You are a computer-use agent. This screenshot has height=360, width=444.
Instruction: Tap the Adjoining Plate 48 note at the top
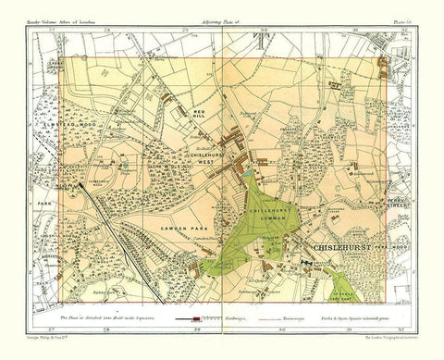pyautogui.click(x=222, y=21)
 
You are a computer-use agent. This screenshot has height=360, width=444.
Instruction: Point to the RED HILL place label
pyautogui.click(x=197, y=115)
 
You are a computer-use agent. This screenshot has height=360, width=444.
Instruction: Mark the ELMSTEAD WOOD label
pyautogui.click(x=73, y=117)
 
